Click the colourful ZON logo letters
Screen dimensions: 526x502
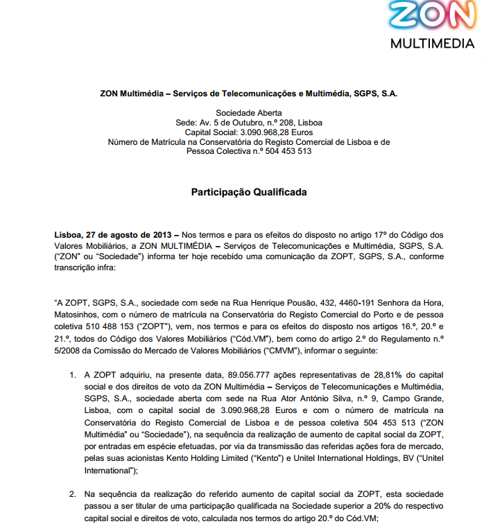(433, 17)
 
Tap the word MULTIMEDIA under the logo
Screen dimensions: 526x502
(433, 43)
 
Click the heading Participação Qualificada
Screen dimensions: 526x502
(249, 192)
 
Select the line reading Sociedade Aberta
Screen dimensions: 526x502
(249, 112)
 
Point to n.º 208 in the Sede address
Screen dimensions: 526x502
(272, 122)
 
